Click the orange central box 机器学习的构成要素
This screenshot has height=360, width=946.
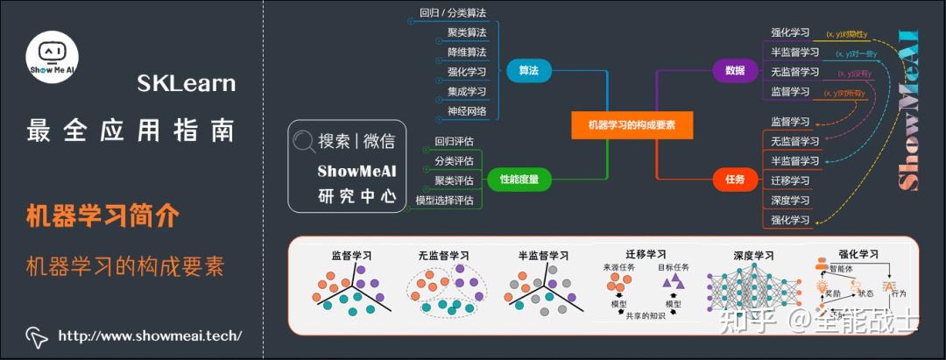pos(632,124)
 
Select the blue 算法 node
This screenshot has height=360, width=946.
pos(528,71)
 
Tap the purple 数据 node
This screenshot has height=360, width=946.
pos(735,71)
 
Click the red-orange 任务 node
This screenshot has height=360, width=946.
pos(735,180)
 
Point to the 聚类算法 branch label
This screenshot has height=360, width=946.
pos(467,32)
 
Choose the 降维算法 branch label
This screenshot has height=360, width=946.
pos(467,53)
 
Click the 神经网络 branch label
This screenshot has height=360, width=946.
pos(467,110)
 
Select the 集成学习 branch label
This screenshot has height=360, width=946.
pos(467,91)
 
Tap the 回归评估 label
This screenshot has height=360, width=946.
pos(454,141)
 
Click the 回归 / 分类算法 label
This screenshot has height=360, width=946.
pos(453,13)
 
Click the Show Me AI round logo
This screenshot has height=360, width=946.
pos(53,58)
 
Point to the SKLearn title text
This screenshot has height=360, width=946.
pos(186,84)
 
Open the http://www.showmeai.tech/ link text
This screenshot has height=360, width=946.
pos(150,335)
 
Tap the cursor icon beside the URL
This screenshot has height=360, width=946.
pos(36,335)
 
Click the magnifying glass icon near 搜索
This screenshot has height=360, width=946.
pos(304,140)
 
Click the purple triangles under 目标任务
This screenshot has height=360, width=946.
pos(673,281)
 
